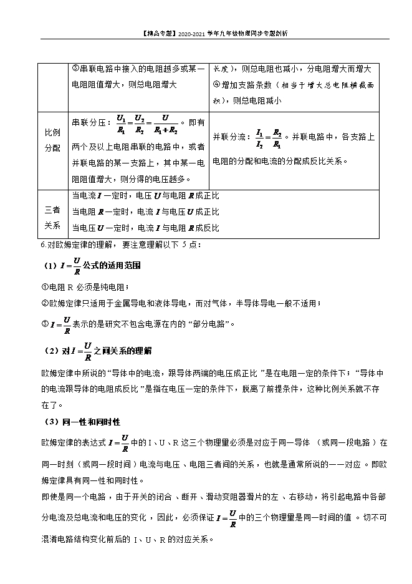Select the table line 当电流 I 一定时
pos(146,195)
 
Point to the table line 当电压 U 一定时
pos(146,228)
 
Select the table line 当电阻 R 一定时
pos(146,212)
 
